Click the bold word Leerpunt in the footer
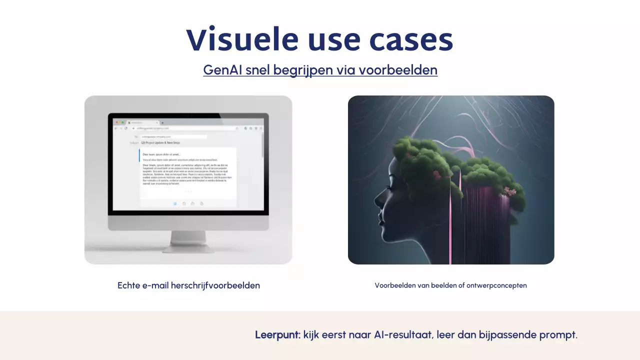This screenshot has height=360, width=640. pos(277,335)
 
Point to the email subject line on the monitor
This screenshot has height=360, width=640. pos(160,143)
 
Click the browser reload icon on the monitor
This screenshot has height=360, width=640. pos(125,128)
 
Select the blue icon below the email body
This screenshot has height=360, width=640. pos(175,203)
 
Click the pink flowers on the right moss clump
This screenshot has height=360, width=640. pos(510,191)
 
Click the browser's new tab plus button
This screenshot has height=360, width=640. pos(162,122)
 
